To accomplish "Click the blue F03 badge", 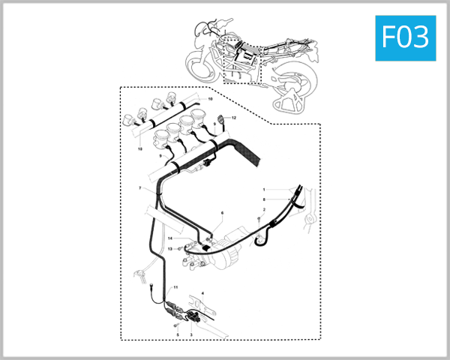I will pos(405,36).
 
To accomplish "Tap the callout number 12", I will pos(234,118).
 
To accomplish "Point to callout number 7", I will pos(139,188).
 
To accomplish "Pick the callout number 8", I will pos(264,199).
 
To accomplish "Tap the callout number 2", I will pos(264,210).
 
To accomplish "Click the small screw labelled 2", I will pos(258,218).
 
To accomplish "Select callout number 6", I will pos(222,214).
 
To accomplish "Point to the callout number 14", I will pos(170,238).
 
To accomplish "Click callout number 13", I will pos(170,248).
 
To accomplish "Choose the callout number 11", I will pos(176,287).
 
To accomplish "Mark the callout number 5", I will pos(177,334).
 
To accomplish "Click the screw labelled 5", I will pos(176,325).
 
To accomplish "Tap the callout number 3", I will pos(191,334).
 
